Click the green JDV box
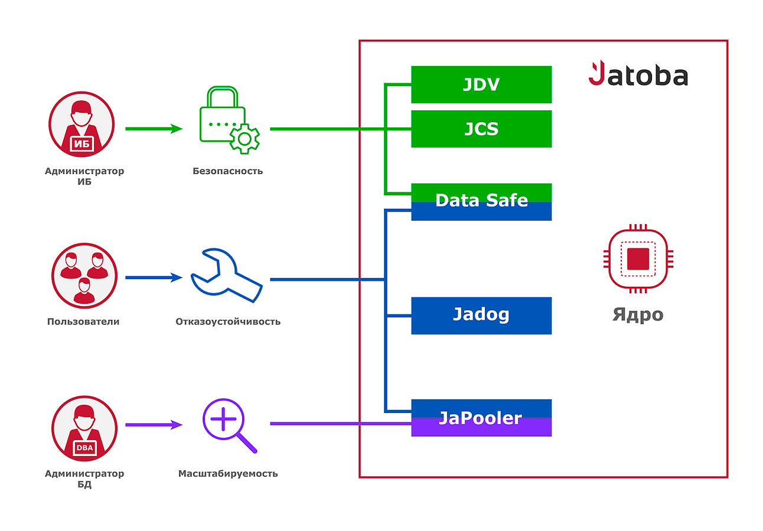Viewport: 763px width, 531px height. tap(481, 84)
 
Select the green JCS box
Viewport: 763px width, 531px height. tap(481, 129)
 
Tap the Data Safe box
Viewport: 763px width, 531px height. tap(481, 202)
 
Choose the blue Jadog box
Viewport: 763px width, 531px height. tap(481, 316)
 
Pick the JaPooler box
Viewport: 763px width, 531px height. tap(481, 418)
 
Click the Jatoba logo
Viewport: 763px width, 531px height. tap(638, 73)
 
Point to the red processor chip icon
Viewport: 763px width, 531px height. tap(638, 258)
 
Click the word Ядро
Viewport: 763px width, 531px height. tap(638, 314)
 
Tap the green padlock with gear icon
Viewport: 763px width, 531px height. tap(229, 120)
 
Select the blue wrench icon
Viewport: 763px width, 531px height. tap(227, 276)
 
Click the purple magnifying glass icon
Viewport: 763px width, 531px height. tap(229, 425)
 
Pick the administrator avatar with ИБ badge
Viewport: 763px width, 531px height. tap(81, 124)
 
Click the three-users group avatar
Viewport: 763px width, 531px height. tap(84, 276)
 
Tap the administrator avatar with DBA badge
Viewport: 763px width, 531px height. tap(84, 428)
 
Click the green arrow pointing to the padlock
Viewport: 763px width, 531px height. tap(154, 129)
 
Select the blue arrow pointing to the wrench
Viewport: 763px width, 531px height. tap(154, 277)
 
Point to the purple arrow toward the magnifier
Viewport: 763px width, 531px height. tap(154, 425)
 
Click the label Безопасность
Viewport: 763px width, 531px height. tap(227, 171)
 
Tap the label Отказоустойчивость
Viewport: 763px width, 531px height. tap(228, 322)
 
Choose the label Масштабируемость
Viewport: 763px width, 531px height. tap(228, 473)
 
